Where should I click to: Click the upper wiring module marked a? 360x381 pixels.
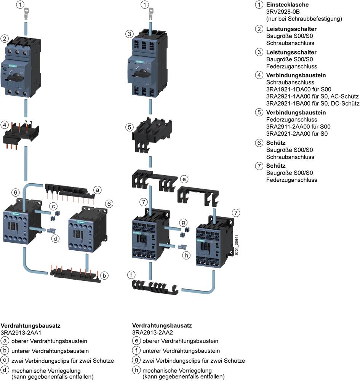click(x=69, y=189)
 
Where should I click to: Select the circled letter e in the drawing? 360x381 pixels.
click(x=184, y=179)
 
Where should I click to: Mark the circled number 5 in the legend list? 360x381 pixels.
click(x=259, y=113)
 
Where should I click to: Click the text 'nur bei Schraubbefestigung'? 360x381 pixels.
click(x=304, y=19)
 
